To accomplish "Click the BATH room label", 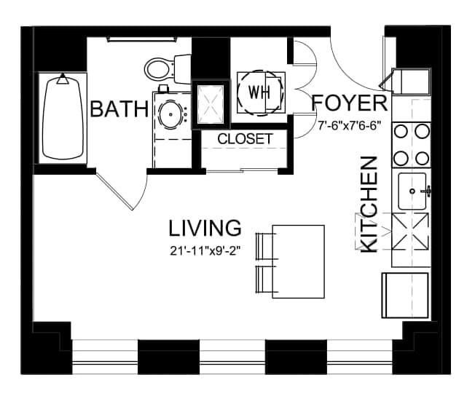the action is [x=119, y=109].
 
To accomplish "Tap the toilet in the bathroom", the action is [x=168, y=68].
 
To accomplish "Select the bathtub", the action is [x=63, y=118].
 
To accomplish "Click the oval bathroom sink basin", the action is [x=170, y=115].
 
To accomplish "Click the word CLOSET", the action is [x=245, y=139].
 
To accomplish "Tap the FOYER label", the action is [x=350, y=103].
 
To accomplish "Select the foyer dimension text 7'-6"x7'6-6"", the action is [x=349, y=125].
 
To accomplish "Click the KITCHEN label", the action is [x=369, y=205].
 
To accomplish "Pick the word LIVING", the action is [x=205, y=228].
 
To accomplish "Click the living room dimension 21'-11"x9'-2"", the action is [x=205, y=250].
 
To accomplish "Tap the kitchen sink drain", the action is [x=412, y=191].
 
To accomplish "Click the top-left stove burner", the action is [x=401, y=132].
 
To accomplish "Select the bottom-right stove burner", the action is [x=422, y=158].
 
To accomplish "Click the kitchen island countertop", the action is [x=299, y=261].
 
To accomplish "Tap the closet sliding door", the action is [x=243, y=171].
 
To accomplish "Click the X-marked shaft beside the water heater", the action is [x=211, y=104].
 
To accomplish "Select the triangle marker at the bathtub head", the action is [x=63, y=79].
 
